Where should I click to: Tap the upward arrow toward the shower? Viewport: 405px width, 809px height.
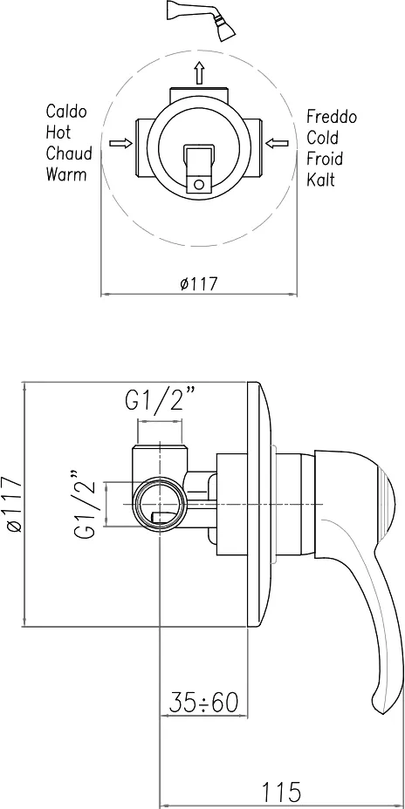pyautogui.click(x=199, y=71)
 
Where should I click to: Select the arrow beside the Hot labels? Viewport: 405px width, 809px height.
pyautogui.click(x=120, y=143)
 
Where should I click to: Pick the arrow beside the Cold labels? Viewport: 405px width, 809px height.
pyautogui.click(x=276, y=142)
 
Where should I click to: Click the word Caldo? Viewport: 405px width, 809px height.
pyautogui.click(x=66, y=112)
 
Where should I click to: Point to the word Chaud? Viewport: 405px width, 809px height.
pyautogui.click(x=69, y=153)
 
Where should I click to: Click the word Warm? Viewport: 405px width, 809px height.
pyautogui.click(x=66, y=174)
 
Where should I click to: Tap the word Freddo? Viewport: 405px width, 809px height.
pyautogui.click(x=332, y=117)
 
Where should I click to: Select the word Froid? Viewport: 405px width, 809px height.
pyautogui.click(x=325, y=159)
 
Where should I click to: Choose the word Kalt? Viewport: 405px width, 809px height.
pyautogui.click(x=321, y=180)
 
